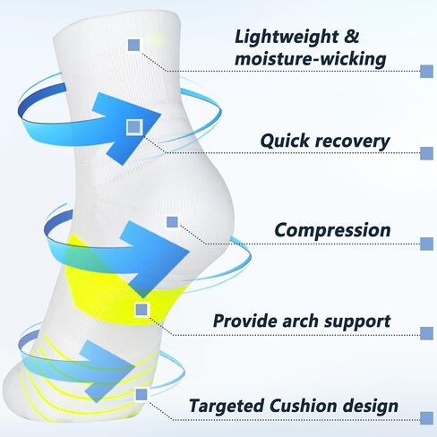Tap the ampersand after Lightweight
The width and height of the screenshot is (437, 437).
coord(352,37)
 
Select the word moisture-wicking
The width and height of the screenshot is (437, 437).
coord(311,59)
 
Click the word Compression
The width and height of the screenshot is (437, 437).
coord(332,230)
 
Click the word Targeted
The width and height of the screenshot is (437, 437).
coord(227,407)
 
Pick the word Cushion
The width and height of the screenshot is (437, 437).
coord(303,406)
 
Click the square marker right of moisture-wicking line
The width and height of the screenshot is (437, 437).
coord(427,72)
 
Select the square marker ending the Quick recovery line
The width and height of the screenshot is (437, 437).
coord(427,153)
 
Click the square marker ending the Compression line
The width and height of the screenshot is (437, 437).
coord(427,244)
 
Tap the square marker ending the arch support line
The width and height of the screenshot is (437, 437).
coord(427,333)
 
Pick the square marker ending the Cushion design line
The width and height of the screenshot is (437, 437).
coord(427,417)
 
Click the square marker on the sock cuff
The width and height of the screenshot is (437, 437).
coord(133,45)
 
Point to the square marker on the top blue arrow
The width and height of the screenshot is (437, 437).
coord(134,126)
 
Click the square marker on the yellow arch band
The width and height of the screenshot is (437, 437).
coord(141,310)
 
